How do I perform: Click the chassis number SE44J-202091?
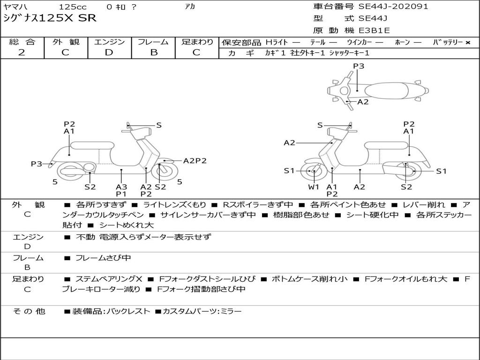(x=393, y=7)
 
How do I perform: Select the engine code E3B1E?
(x=374, y=31)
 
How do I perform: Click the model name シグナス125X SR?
(x=50, y=18)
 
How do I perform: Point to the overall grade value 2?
(x=22, y=52)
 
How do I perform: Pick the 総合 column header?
(x=22, y=42)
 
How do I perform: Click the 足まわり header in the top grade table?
(x=197, y=42)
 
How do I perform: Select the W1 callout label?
(x=314, y=187)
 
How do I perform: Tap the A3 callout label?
(x=121, y=187)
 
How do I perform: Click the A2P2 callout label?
(x=195, y=161)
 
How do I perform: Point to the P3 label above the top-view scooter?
(x=359, y=66)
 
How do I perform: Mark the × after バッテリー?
(x=468, y=42)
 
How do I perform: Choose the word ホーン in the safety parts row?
(x=403, y=42)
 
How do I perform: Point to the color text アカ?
(x=190, y=7)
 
